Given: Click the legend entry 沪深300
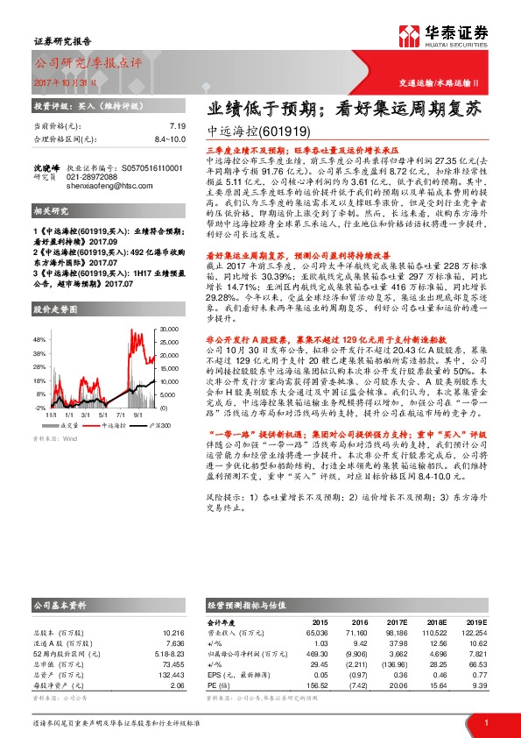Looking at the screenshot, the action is click(x=159, y=424).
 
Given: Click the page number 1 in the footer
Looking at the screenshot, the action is click(x=485, y=722).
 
